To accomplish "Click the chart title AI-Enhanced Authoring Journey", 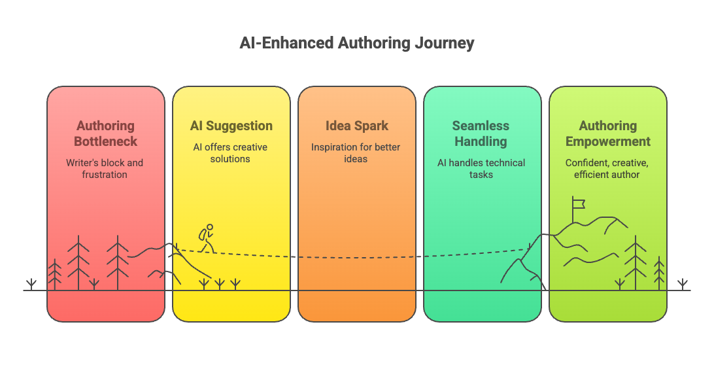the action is [x=357, y=43].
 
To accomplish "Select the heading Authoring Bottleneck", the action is [x=106, y=133].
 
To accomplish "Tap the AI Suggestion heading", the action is [x=231, y=126].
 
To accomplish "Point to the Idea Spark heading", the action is [x=357, y=126].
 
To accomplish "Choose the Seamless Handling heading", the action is [x=481, y=133].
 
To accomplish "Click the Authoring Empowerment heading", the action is [x=608, y=133].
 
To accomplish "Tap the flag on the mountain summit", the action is [x=578, y=204].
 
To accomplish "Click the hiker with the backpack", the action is [x=207, y=238].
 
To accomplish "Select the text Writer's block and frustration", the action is [x=105, y=169].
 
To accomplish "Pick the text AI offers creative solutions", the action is [x=230, y=153].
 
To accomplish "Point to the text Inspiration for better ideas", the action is [x=356, y=153].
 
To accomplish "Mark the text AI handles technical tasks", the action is [x=481, y=169].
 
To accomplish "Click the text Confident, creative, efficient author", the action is [x=607, y=169].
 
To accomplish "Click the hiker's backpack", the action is [x=202, y=235].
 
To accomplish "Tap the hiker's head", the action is [x=210, y=227].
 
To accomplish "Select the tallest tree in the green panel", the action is [x=636, y=263].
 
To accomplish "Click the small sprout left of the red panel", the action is [x=31, y=285].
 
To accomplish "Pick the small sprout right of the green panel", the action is [x=682, y=285].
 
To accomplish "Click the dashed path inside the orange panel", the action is [x=357, y=258].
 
